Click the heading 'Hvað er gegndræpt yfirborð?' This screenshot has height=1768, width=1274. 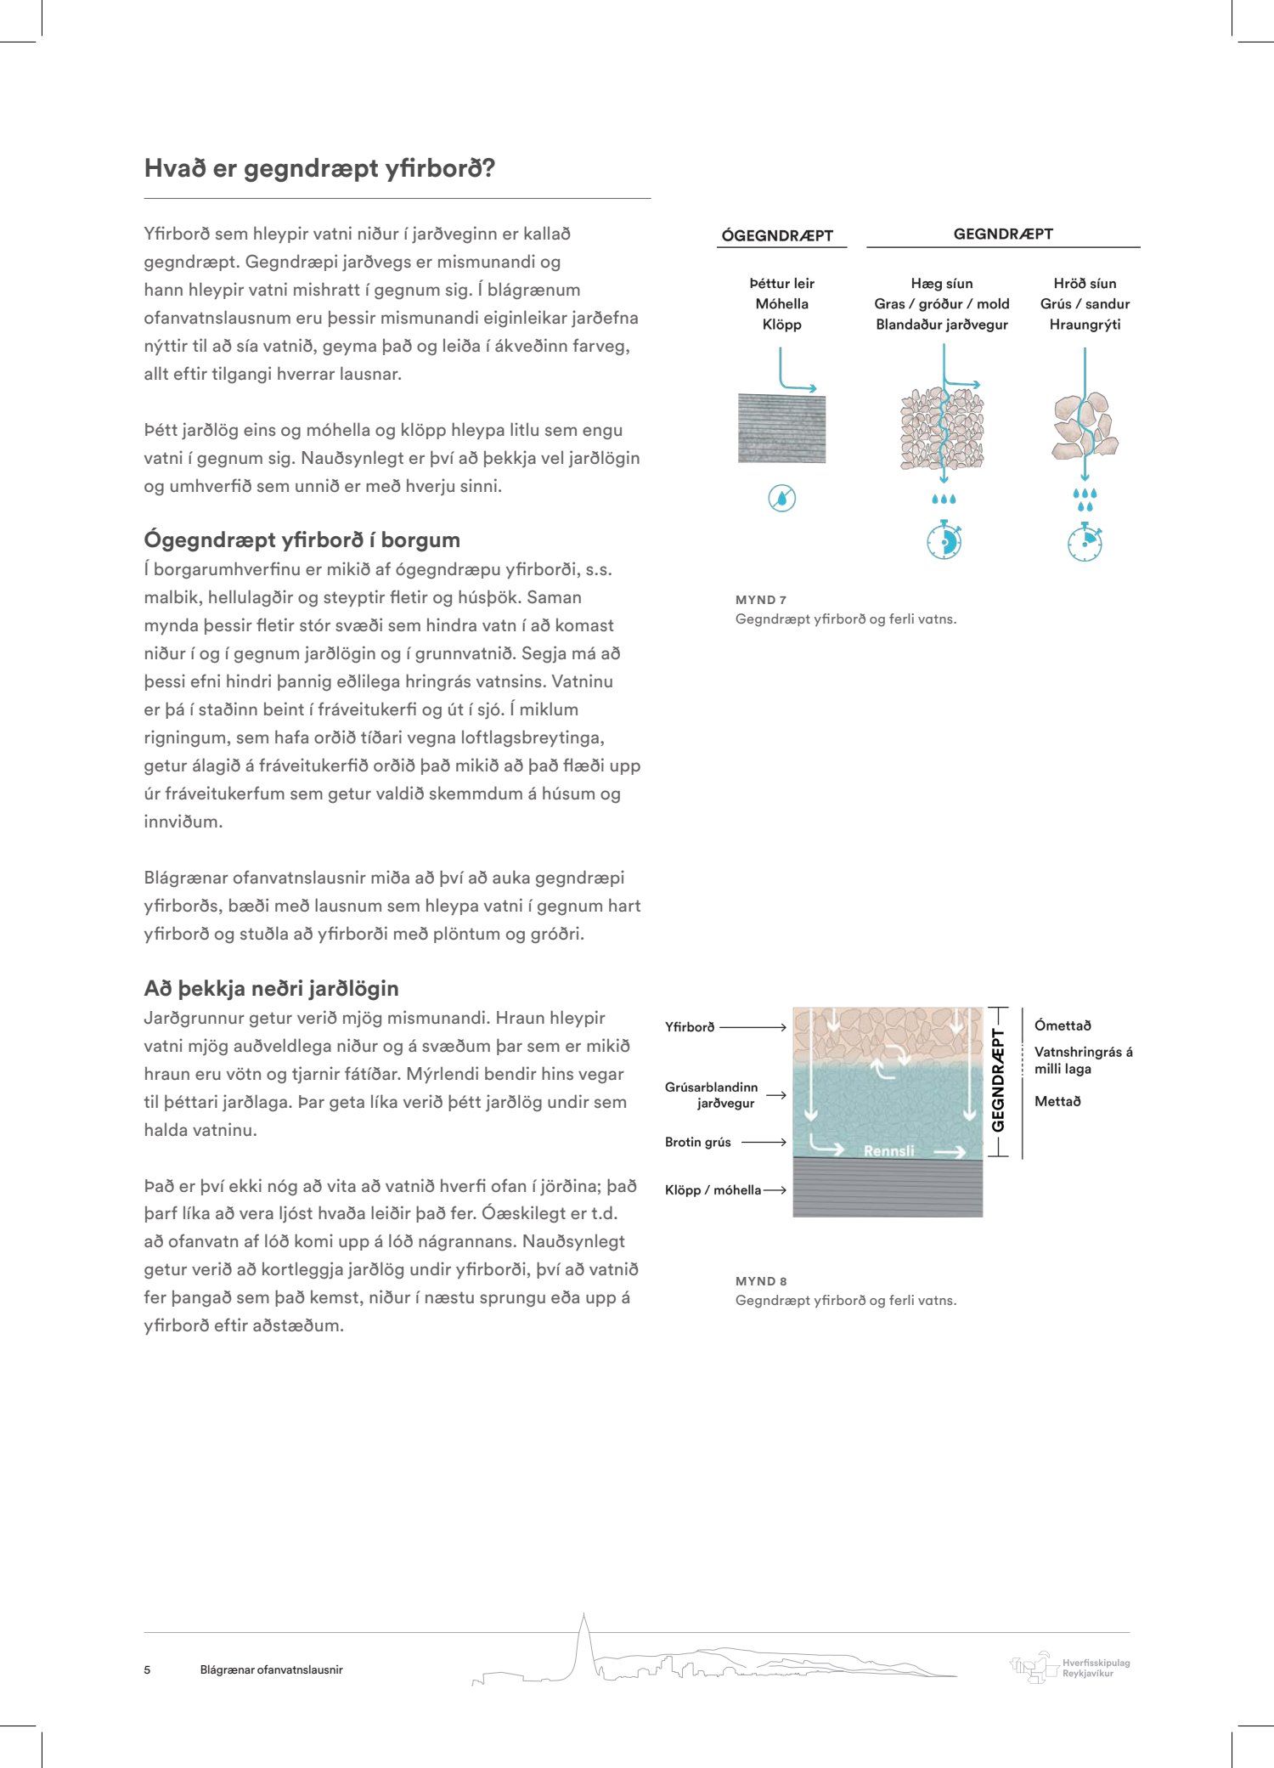[x=319, y=168]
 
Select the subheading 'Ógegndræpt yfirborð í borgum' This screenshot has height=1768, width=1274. [x=302, y=539]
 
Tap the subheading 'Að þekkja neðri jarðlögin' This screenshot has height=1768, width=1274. [x=271, y=988]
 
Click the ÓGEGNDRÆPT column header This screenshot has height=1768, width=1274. [x=777, y=236]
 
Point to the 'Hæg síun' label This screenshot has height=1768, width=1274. [x=941, y=284]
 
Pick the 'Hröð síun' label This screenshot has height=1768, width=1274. [x=1085, y=284]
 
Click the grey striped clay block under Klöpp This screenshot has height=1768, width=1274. [x=781, y=428]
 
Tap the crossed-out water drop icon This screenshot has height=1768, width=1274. [x=781, y=498]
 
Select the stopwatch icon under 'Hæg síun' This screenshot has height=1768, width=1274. [x=944, y=540]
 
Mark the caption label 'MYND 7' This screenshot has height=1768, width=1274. [x=761, y=600]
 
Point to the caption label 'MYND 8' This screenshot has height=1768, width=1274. [x=761, y=1281]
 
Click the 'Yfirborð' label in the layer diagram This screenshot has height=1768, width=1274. [x=690, y=1027]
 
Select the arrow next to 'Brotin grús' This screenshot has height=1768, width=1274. [x=764, y=1142]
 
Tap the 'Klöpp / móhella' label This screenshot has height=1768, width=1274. [x=713, y=1190]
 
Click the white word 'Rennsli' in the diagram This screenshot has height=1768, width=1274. [x=888, y=1151]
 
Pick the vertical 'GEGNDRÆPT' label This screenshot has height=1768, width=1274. [x=998, y=1081]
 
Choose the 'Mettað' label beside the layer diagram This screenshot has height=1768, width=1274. [x=1057, y=1102]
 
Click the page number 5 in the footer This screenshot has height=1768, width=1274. [x=147, y=1669]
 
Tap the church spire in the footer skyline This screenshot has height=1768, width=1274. [x=583, y=1635]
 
